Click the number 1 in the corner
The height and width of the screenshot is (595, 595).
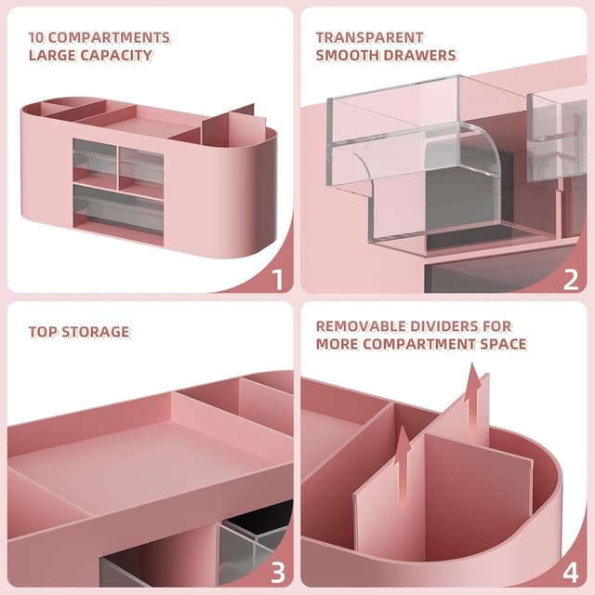tap(277, 277)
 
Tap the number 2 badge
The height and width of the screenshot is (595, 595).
tap(571, 277)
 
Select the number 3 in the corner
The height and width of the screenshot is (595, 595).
tap(277, 572)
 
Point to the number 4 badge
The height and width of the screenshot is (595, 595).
tap(571, 572)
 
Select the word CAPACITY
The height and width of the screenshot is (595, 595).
tap(118, 56)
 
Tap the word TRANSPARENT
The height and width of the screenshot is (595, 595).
tap(369, 38)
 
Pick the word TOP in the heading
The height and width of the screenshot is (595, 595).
tap(42, 332)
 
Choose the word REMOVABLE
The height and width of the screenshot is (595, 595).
tap(358, 326)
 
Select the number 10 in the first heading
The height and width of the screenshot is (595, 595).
tap(37, 38)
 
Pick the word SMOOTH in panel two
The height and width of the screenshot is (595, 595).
tap(349, 56)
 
